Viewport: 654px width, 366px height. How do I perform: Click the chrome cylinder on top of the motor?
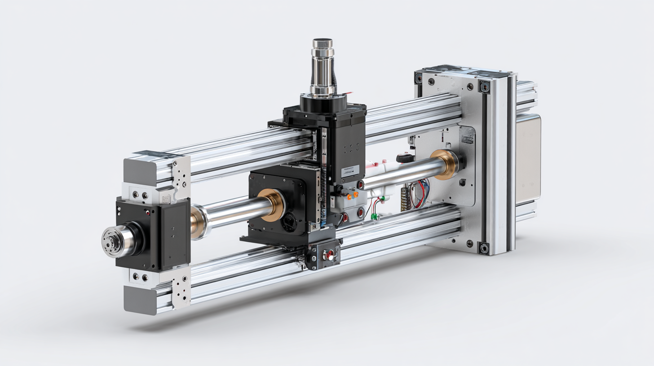(x=323, y=67)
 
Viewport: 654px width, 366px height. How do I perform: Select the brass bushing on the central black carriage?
(x=270, y=205)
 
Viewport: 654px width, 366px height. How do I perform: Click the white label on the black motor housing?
(x=351, y=170)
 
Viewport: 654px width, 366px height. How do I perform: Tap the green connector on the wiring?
(x=375, y=217)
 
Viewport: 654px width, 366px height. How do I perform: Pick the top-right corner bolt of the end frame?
(x=484, y=87)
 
